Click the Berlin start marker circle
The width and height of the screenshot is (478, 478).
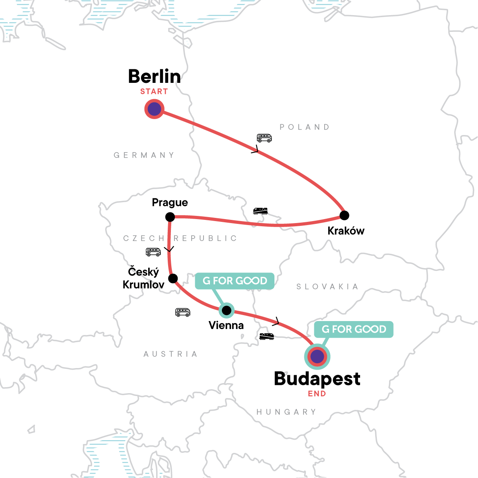(x=154, y=109)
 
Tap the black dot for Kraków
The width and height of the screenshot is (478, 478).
(x=344, y=215)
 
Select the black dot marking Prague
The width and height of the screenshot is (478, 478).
(x=170, y=217)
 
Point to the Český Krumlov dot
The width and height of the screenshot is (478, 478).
(x=173, y=278)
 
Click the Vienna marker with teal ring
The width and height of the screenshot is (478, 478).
(x=227, y=310)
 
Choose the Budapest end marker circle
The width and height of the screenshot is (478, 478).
(x=317, y=357)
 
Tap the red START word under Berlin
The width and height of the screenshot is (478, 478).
(x=154, y=92)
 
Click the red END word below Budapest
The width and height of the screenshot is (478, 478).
(x=317, y=394)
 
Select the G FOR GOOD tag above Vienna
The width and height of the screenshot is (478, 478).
(x=235, y=281)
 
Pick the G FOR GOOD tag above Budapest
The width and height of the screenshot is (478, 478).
(x=354, y=329)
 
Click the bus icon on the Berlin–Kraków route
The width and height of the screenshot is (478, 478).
(x=264, y=138)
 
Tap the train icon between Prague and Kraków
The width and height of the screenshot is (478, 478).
(x=261, y=211)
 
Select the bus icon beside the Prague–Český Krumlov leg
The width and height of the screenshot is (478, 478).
(x=153, y=252)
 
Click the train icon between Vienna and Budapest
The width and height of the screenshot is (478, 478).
(x=266, y=336)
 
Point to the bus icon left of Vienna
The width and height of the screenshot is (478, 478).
(x=183, y=312)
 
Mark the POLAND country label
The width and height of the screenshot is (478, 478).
(x=305, y=127)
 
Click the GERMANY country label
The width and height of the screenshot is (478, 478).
(x=144, y=155)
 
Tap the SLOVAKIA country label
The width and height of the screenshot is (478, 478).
(x=327, y=287)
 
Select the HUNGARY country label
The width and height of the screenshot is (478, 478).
(x=286, y=412)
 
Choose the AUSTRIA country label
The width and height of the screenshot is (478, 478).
(x=170, y=354)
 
